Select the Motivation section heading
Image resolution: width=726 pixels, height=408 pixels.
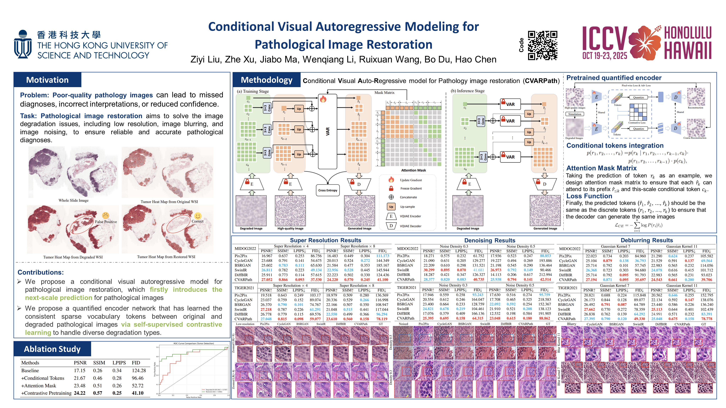pos(47,80)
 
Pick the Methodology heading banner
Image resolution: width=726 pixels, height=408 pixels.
pos(266,80)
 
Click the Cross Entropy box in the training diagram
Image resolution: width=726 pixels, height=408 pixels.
pos(328,190)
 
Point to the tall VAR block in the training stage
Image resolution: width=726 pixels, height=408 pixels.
pos(328,131)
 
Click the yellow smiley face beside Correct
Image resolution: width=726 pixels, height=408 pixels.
pos(198,216)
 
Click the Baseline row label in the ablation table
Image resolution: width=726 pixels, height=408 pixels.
pos(30,371)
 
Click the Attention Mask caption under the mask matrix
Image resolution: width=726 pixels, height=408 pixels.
pos(414,170)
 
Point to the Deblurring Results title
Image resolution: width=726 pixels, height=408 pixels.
pos(647,240)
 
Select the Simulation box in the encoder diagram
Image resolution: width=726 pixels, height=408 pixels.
pos(574,114)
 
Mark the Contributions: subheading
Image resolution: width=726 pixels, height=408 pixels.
pos(41,272)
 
